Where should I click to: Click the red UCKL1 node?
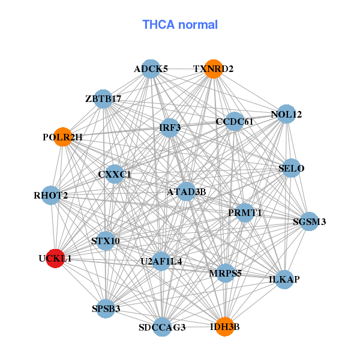click(x=55, y=259)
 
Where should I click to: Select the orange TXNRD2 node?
click(x=214, y=69)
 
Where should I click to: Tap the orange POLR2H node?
click(x=63, y=137)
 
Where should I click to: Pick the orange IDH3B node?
click(x=225, y=327)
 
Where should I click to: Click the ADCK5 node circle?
click(x=151, y=69)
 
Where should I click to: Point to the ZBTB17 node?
click(x=103, y=99)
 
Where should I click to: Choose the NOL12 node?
click(x=286, y=114)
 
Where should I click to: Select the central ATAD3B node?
click(x=186, y=191)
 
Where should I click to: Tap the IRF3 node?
click(x=170, y=128)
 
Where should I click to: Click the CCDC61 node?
click(x=235, y=121)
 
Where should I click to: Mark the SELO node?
click(x=291, y=168)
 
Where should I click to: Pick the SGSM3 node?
click(x=309, y=221)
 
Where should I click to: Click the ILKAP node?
click(x=284, y=280)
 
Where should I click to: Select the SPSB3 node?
click(x=106, y=309)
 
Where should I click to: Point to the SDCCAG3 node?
click(x=162, y=327)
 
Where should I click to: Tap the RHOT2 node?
click(x=51, y=196)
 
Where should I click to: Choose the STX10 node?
click(x=106, y=241)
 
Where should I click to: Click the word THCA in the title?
click(x=158, y=25)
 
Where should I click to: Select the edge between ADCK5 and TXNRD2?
click(x=182, y=69)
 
